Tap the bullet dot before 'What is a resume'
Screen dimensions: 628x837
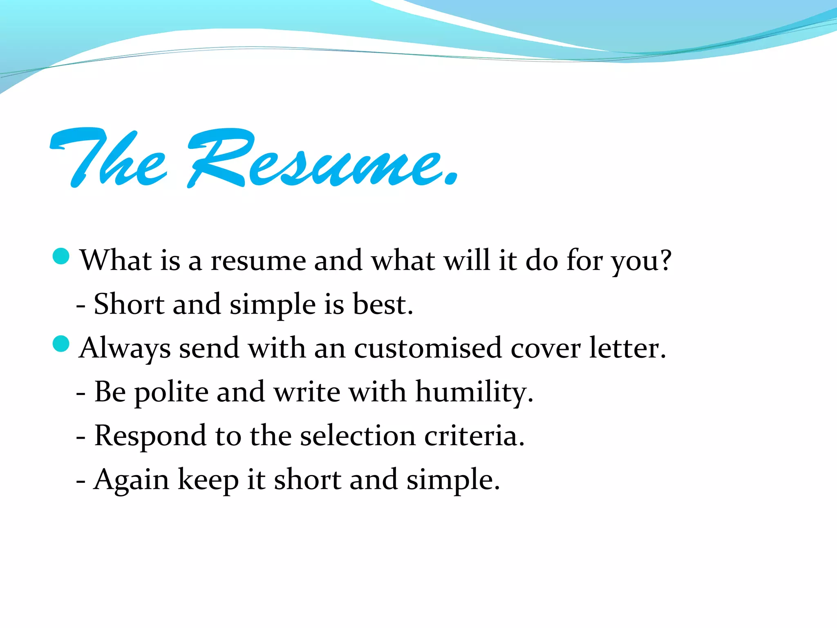[61, 256]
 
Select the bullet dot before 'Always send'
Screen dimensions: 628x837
[61, 344]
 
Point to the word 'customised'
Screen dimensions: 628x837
[427, 348]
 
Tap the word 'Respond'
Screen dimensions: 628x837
[150, 437]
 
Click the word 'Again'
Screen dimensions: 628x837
[131, 480]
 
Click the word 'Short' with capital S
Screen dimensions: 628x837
[129, 304]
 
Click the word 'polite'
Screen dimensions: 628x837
[172, 392]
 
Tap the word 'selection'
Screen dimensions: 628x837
[358, 436]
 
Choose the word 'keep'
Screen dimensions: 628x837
[208, 480]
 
